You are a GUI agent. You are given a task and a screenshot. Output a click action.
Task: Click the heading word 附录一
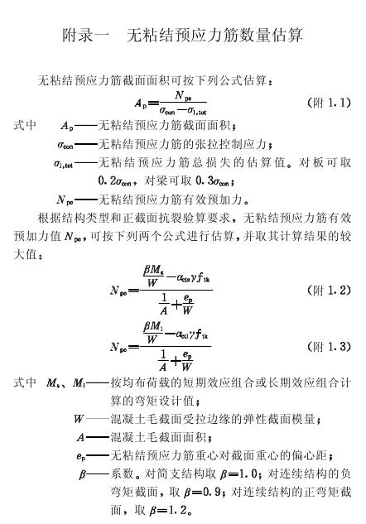pos(86,36)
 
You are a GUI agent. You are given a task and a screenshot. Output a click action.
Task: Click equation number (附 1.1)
pos(329,103)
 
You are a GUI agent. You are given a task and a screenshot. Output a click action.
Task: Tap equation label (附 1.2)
pos(329,290)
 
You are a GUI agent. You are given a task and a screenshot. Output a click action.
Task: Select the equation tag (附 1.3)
pos(329,346)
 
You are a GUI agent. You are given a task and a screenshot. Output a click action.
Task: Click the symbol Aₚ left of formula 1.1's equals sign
pos(141,103)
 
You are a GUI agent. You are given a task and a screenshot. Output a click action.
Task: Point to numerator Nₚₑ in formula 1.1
pos(183,95)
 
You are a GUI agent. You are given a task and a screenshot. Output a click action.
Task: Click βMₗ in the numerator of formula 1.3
pos(152,326)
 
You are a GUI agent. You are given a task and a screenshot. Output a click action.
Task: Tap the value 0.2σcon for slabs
pos(115,181)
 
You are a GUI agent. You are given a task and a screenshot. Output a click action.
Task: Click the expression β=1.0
pos(239,474)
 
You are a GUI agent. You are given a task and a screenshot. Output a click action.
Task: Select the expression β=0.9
pos(202,493)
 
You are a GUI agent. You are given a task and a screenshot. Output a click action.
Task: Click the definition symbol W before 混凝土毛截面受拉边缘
pos(79,419)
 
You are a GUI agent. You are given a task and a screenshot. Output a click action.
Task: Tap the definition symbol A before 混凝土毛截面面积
pos(80,437)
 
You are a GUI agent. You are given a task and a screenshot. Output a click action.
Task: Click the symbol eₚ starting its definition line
pos(80,456)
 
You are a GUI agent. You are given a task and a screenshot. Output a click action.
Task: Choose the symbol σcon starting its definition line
pos(65,146)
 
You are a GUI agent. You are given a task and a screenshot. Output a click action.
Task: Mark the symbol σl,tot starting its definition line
pos(63,164)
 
